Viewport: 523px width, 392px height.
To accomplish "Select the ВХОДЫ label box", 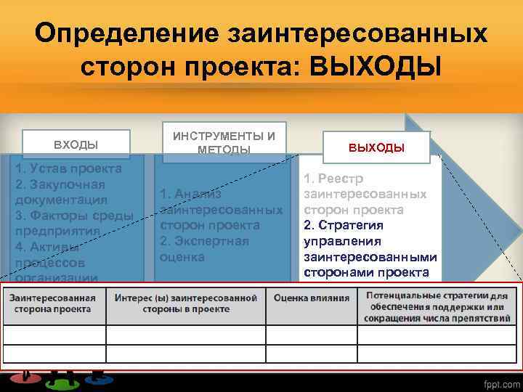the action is pos(76,144).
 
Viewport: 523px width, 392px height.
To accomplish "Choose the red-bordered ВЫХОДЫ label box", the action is pos(376,147).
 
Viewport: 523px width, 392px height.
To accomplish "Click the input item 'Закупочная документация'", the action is pos(62,192).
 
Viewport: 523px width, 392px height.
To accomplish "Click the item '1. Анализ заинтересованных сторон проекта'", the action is pos(221,210).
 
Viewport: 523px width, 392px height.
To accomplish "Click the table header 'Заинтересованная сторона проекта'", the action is pos(53,303).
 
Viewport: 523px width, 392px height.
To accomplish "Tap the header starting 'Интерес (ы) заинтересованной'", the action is pos(187,303).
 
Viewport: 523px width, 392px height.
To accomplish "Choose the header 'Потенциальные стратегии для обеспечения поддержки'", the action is pos(437,307).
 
